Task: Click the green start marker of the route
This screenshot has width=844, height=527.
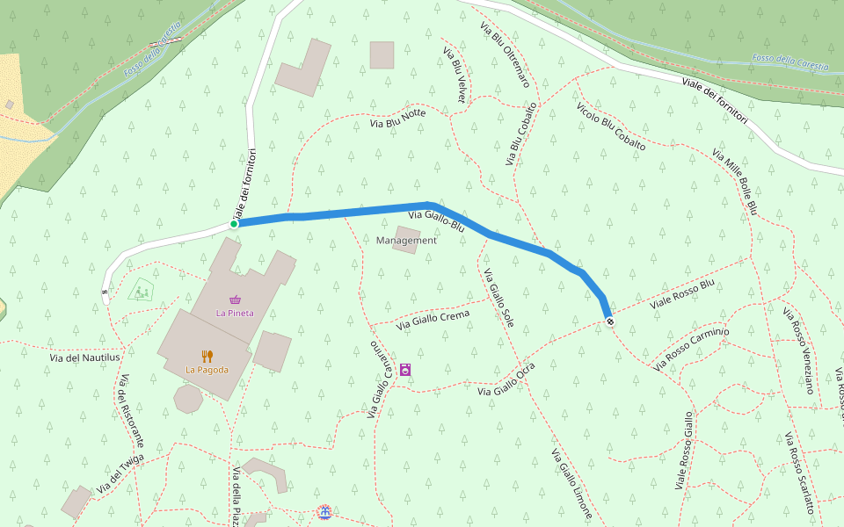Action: click(234, 224)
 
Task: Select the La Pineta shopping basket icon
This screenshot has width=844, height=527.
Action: click(235, 300)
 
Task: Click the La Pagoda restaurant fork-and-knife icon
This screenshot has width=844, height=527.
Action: click(207, 356)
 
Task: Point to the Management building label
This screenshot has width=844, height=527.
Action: click(406, 241)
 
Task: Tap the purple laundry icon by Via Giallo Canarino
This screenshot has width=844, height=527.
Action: click(405, 370)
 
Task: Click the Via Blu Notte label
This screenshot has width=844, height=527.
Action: click(397, 118)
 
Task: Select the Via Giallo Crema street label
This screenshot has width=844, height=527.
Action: click(433, 320)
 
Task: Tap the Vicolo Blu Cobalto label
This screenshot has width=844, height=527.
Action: click(611, 126)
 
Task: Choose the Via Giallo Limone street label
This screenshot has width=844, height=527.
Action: click(571, 484)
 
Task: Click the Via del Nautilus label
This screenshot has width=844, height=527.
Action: click(85, 357)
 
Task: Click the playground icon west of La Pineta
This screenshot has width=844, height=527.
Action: click(140, 289)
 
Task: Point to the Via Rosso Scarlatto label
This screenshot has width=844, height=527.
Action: click(800, 467)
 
